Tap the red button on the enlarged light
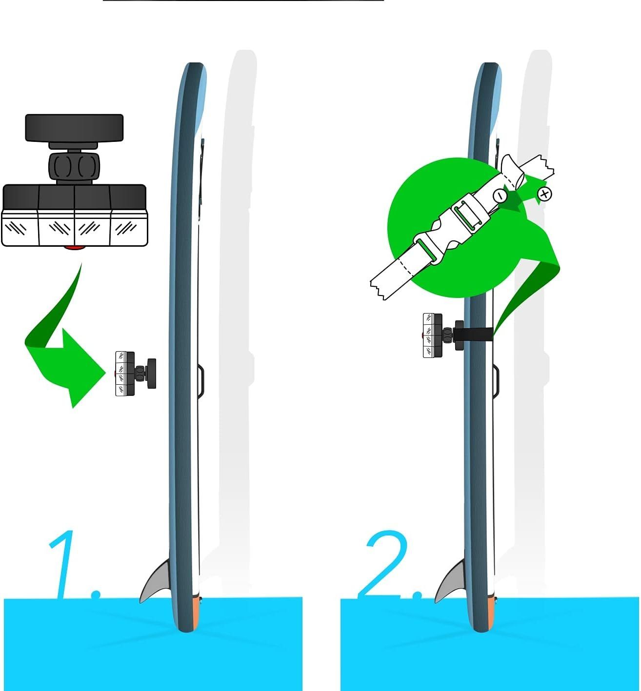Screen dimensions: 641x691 tap(74, 248)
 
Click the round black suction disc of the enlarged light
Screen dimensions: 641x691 tap(74, 128)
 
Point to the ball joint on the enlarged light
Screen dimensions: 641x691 tap(74, 166)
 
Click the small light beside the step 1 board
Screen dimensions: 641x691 tap(136, 374)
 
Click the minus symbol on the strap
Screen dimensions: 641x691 tap(500, 196)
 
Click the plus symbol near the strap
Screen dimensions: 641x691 tap(544, 194)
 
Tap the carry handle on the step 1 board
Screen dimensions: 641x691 tap(201, 380)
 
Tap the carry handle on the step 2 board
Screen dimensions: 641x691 tap(496, 380)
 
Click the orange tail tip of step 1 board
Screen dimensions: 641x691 tap(195, 613)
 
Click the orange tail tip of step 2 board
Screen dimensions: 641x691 tap(490, 613)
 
